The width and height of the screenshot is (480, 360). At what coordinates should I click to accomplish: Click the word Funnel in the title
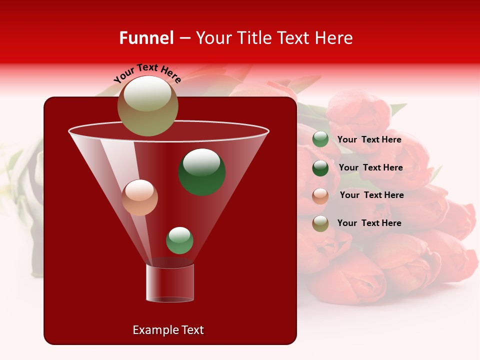146,38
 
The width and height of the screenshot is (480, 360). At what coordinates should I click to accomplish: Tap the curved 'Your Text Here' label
147,73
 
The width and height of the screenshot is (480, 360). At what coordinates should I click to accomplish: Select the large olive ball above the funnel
147,106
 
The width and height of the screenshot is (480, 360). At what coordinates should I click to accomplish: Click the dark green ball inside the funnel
202,172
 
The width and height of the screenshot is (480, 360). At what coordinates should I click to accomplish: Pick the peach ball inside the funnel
140,197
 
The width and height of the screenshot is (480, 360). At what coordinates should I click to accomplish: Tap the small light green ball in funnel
179,240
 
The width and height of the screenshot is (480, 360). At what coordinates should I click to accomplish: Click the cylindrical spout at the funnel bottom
169,283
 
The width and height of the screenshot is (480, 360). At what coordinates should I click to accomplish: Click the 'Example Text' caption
168,330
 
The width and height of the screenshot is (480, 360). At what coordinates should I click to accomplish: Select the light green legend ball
320,139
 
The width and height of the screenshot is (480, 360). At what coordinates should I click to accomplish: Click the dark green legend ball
320,168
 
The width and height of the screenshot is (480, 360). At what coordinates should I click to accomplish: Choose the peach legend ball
320,196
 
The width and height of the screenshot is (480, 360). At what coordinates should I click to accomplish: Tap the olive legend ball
320,223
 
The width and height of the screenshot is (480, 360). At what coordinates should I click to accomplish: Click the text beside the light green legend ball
369,140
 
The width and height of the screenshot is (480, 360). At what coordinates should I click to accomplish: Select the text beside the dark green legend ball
370,168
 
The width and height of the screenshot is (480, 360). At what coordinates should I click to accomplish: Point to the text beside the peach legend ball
371,195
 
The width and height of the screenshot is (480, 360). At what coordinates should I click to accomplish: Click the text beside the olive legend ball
369,223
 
